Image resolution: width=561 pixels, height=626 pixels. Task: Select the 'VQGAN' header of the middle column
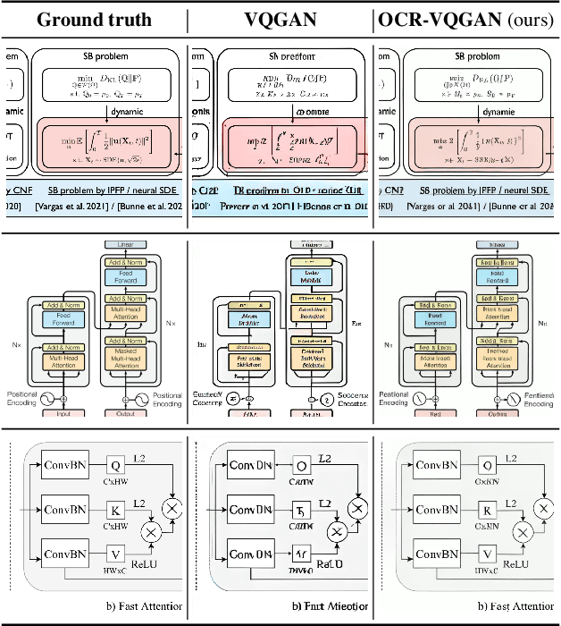pos(278,19)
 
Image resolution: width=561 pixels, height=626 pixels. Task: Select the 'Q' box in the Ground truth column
pos(114,465)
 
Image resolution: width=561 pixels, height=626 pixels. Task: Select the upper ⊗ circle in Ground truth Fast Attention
pos(173,508)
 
